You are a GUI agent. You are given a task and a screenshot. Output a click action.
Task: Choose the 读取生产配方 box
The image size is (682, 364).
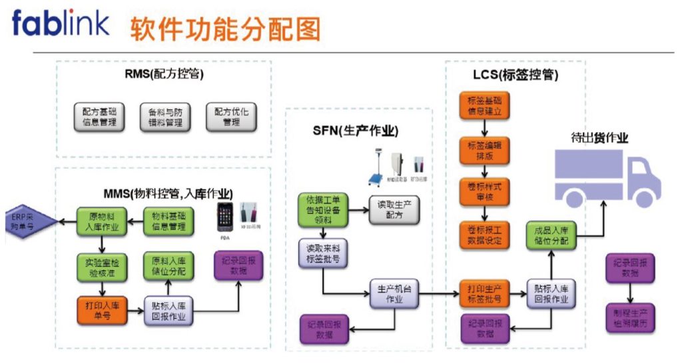coord(394,209)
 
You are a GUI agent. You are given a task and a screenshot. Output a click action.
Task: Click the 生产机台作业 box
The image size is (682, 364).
coord(394,294)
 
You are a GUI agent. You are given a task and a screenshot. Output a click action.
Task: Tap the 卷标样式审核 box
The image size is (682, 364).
coord(484,190)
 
